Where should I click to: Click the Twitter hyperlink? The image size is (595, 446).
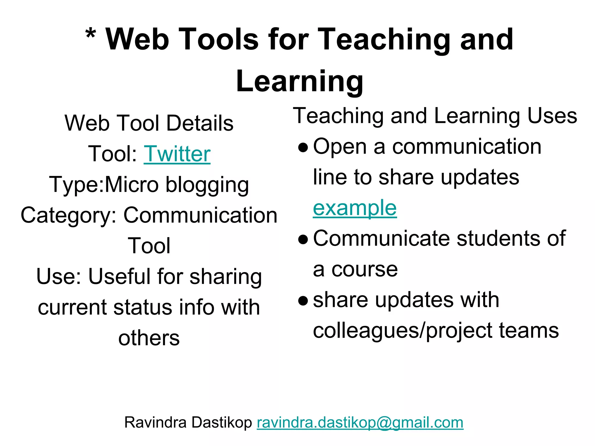(177, 154)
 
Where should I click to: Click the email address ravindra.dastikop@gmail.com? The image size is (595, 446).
(360, 422)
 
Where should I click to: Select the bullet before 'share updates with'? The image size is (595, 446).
(303, 301)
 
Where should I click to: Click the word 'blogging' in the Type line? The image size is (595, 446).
(207, 185)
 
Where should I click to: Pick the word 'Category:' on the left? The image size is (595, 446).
(69, 215)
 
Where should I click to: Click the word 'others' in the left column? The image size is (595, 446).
(149, 338)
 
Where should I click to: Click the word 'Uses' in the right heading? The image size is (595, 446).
(552, 116)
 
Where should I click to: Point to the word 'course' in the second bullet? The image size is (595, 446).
(365, 269)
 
